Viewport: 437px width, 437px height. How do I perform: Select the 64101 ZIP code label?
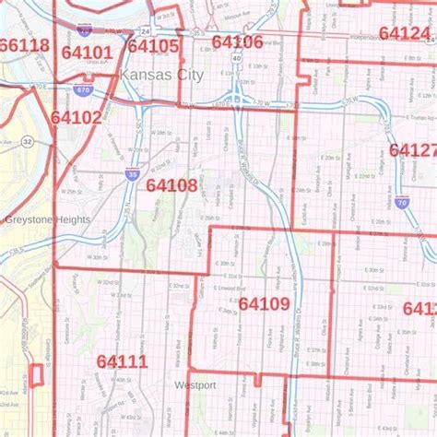coord(86,53)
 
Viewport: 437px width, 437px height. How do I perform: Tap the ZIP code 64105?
coord(153,46)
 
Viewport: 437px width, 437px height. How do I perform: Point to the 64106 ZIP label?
coord(237,41)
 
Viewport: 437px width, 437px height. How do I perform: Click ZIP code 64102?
coord(77,118)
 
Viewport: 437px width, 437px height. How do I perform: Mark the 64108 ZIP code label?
coord(171,185)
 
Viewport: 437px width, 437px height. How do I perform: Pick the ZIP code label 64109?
coord(264,303)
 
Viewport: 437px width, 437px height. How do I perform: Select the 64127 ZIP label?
coord(413,150)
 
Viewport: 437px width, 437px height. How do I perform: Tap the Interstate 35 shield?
coord(134,172)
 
